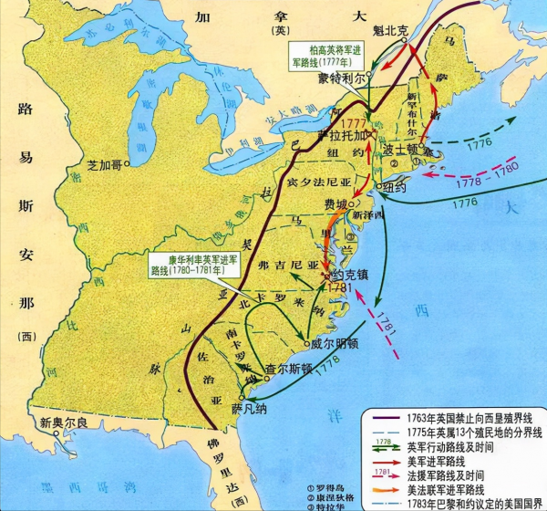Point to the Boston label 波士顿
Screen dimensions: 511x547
(x=403, y=148)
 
